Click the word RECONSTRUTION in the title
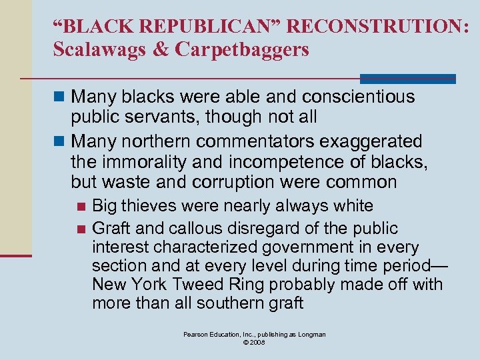(381, 27)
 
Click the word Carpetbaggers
(242, 50)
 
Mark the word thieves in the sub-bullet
(147, 206)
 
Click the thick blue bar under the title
(407, 78)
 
